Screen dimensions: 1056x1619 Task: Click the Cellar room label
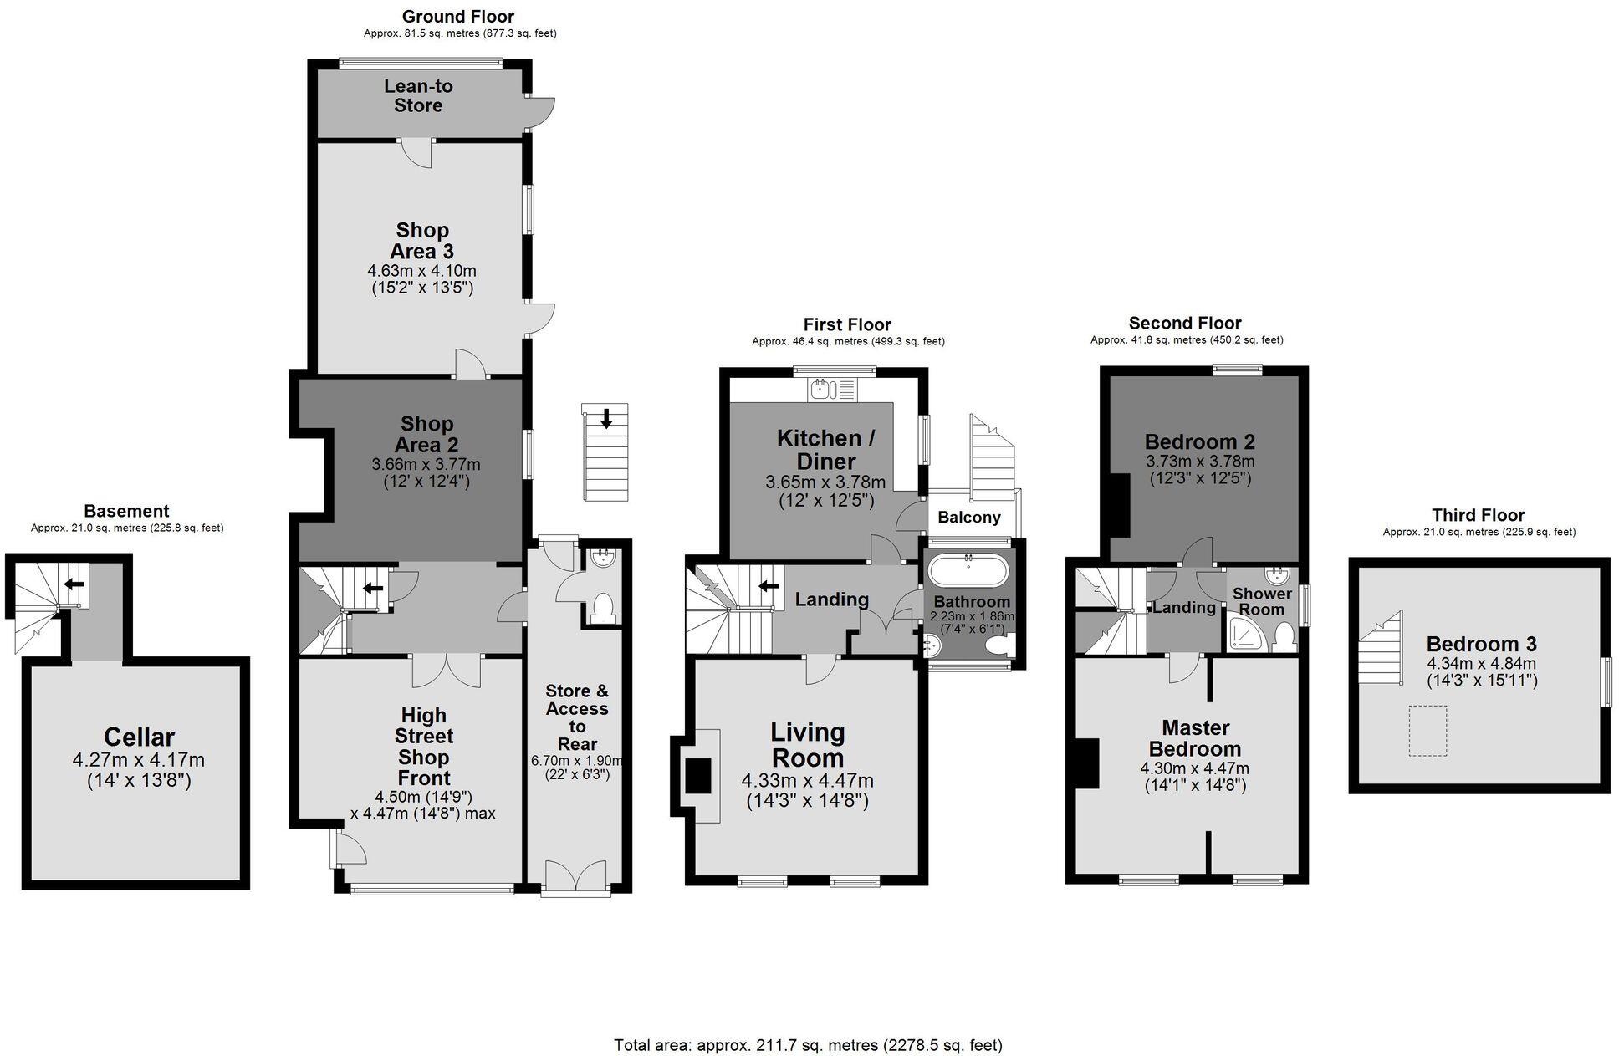(x=139, y=737)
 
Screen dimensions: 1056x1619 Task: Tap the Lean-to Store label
(x=418, y=95)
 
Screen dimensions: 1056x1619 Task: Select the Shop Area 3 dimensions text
(x=421, y=279)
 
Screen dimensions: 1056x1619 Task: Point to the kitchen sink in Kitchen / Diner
(x=821, y=389)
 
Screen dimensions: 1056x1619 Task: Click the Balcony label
(x=968, y=518)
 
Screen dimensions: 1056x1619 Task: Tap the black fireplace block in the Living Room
(x=697, y=775)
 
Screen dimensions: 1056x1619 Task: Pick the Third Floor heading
(x=1478, y=515)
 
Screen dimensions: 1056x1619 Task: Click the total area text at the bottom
(x=808, y=1045)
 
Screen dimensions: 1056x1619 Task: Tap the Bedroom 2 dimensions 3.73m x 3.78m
(x=1199, y=462)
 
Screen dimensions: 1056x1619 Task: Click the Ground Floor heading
(x=458, y=17)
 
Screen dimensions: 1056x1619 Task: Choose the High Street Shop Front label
(x=424, y=746)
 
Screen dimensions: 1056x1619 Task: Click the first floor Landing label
(x=831, y=599)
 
